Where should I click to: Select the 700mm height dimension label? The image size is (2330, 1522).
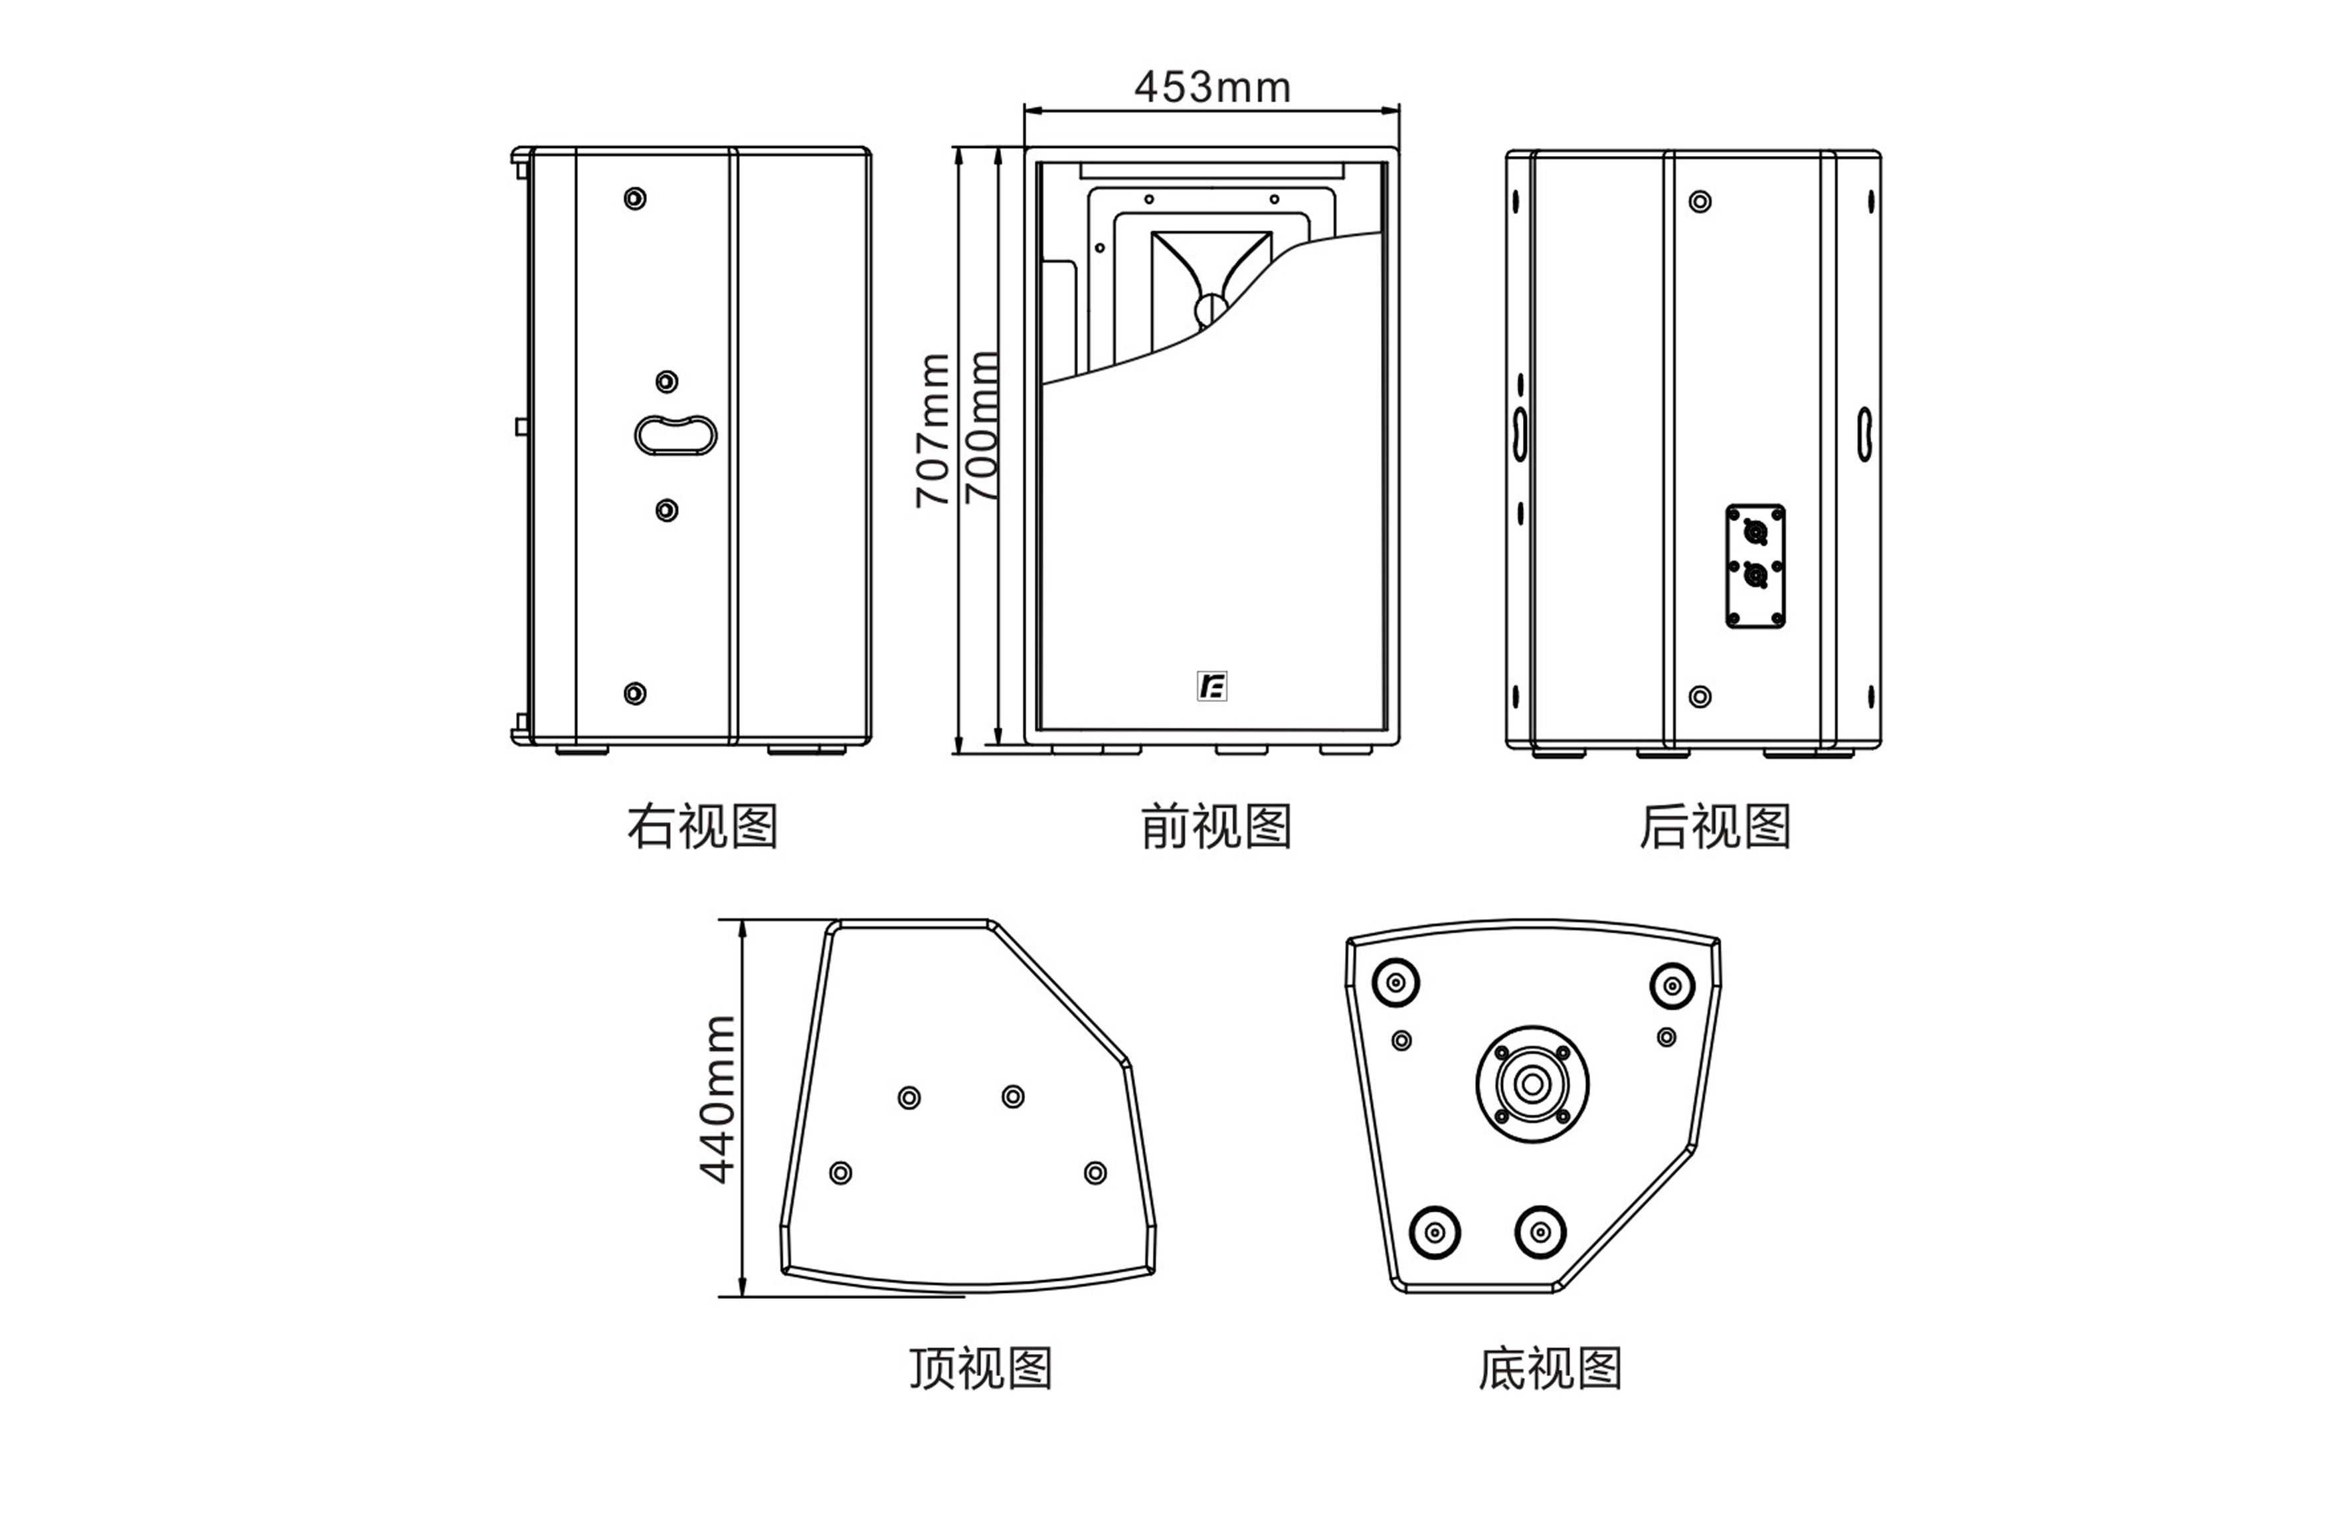click(x=982, y=428)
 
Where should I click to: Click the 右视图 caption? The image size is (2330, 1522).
click(x=702, y=826)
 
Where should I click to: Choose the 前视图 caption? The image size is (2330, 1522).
click(x=1216, y=826)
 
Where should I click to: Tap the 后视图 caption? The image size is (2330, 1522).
click(x=1715, y=826)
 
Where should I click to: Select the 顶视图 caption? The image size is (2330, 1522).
click(x=981, y=1369)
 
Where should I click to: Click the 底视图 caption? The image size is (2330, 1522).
click(x=1550, y=1369)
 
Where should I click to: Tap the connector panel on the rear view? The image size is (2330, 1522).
click(x=1755, y=566)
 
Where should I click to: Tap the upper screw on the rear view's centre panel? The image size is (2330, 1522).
click(x=1700, y=202)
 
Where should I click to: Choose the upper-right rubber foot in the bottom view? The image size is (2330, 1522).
click(x=1672, y=985)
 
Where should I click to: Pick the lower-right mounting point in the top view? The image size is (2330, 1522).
click(x=1095, y=1173)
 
